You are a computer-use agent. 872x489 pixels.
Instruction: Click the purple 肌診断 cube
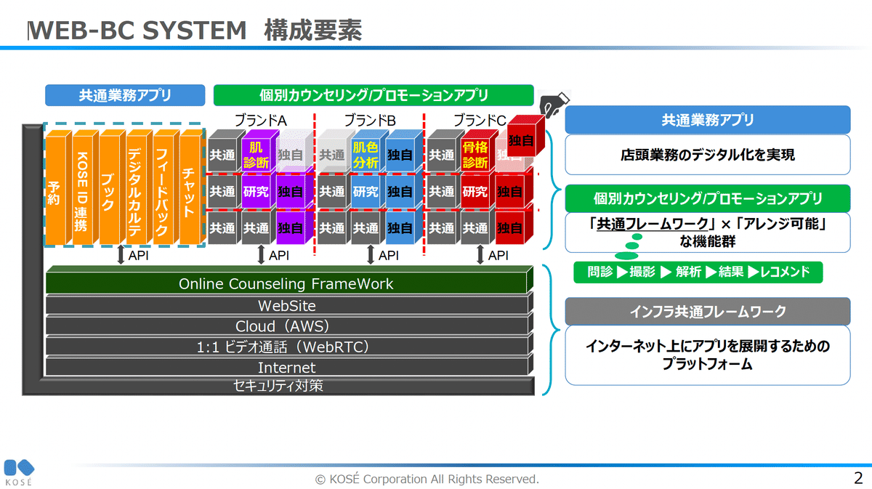256,155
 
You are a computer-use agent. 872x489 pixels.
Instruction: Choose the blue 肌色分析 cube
366,155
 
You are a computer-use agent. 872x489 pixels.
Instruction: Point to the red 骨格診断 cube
475,155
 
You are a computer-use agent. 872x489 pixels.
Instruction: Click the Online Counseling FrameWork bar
286,283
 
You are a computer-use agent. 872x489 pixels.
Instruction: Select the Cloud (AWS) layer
286,326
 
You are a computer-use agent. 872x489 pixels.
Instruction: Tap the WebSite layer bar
286,305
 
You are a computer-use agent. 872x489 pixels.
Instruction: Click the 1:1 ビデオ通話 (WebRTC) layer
286,347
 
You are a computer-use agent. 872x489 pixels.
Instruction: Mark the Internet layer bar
286,367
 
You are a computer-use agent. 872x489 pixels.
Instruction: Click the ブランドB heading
370,120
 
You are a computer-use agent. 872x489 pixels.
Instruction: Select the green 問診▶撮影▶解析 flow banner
697,272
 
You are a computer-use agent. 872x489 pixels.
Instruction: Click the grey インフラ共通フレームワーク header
707,312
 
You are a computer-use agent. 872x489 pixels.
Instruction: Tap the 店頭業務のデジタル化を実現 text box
707,155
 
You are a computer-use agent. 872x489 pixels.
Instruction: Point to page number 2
858,478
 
